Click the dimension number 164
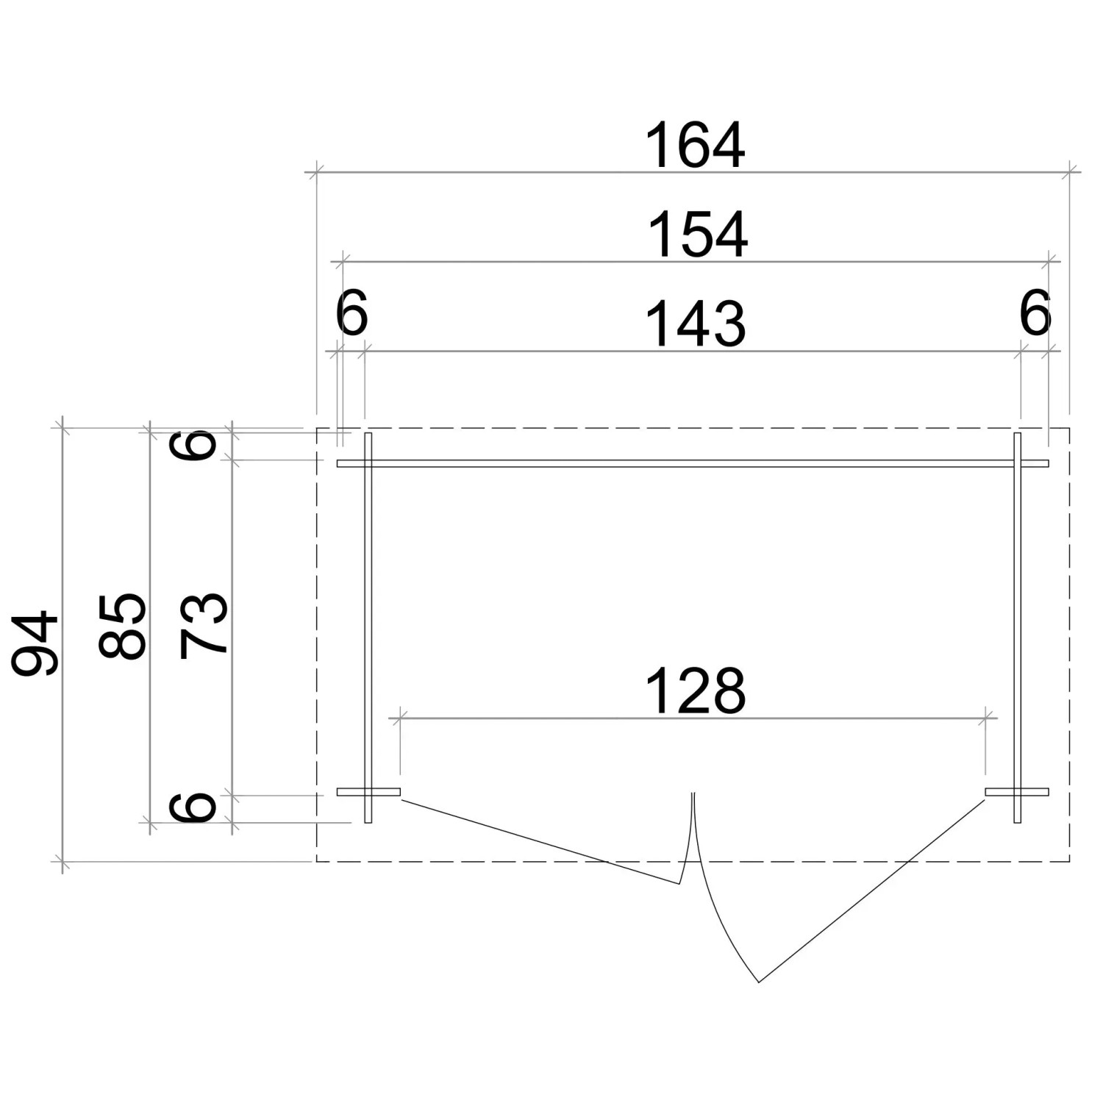pos(695,146)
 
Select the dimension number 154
pos(697,235)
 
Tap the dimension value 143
pos(696,324)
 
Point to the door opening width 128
pos(696,691)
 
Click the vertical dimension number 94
pos(35,643)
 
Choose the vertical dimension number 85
pos(122,625)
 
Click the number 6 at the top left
pos(351,313)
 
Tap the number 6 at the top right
pos(1035,313)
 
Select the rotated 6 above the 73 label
pos(193,446)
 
